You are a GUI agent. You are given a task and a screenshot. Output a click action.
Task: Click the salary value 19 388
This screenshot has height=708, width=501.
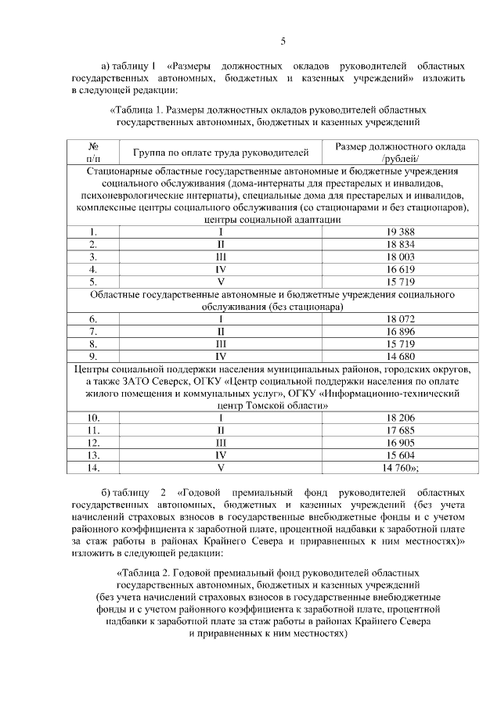[x=400, y=232]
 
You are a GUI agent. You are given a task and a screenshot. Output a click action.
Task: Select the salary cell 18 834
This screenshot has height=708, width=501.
[x=400, y=244]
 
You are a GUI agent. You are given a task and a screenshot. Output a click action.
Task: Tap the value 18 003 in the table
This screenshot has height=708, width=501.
[x=400, y=257]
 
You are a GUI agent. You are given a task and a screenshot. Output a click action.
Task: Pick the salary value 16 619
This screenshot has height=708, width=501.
[x=400, y=269]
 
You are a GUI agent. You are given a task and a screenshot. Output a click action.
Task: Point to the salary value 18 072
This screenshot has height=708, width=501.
[x=400, y=319]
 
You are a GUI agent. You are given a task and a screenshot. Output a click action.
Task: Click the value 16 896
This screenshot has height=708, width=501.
[x=400, y=331]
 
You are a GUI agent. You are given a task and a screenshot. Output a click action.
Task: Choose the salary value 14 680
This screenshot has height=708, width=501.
[x=400, y=356]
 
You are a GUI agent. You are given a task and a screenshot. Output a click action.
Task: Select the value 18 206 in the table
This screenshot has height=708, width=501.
[x=400, y=418]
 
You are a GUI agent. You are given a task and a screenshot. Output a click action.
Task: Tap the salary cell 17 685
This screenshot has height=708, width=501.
[x=400, y=430]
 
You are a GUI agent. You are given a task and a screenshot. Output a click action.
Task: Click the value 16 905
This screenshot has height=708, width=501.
[x=400, y=443]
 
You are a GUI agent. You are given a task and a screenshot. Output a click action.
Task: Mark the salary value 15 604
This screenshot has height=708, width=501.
[x=400, y=455]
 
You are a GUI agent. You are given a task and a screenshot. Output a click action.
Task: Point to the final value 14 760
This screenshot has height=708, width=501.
[x=400, y=468]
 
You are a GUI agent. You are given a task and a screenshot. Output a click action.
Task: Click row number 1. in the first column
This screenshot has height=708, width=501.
[x=93, y=232]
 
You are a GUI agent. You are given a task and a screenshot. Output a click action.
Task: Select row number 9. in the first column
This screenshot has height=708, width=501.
[x=93, y=356]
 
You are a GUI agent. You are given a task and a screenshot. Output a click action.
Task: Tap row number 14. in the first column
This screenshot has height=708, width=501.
[x=93, y=468]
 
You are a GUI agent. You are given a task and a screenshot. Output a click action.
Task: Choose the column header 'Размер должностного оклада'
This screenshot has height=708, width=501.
[x=400, y=146]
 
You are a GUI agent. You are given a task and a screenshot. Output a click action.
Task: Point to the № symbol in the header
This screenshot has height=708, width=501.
[x=93, y=146]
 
